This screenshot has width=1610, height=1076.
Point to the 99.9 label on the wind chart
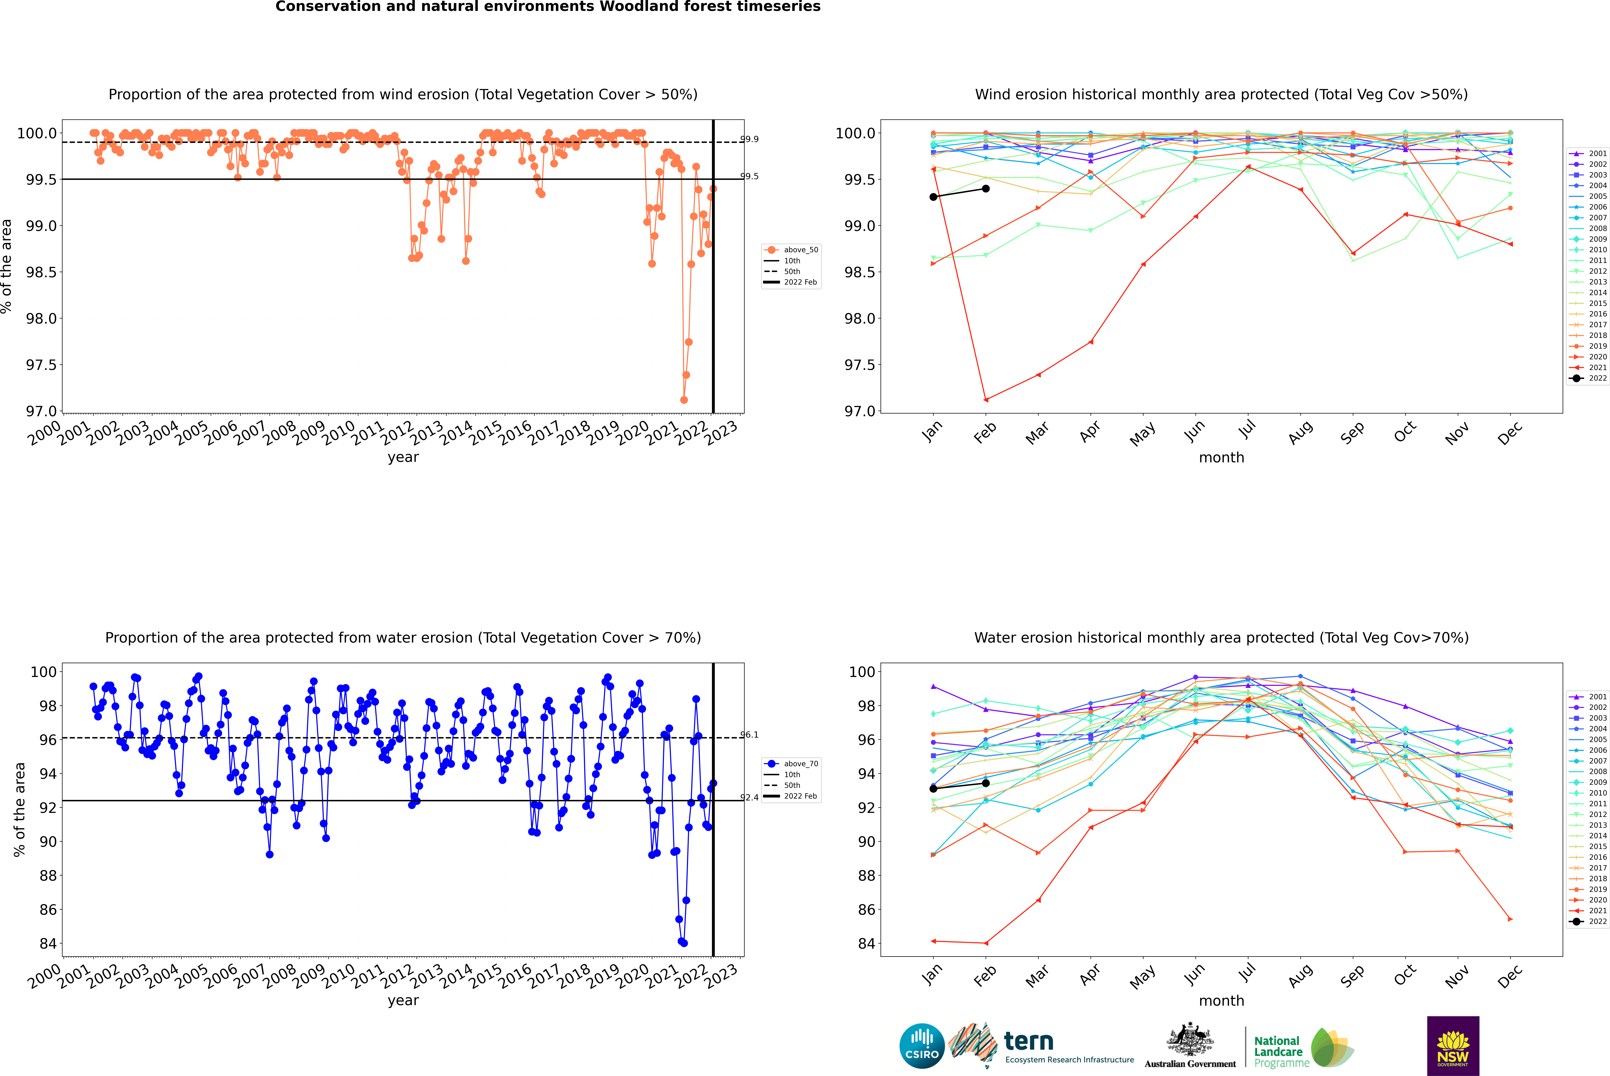[749, 139]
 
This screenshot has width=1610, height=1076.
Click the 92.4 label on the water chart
[749, 797]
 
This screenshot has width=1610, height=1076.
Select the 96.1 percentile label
[749, 735]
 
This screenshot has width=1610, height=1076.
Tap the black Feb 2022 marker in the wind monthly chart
[985, 189]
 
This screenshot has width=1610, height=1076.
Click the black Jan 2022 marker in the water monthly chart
[933, 789]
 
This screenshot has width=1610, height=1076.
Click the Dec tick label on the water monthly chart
[1510, 976]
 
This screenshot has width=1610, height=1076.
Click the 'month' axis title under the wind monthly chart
[1221, 458]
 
